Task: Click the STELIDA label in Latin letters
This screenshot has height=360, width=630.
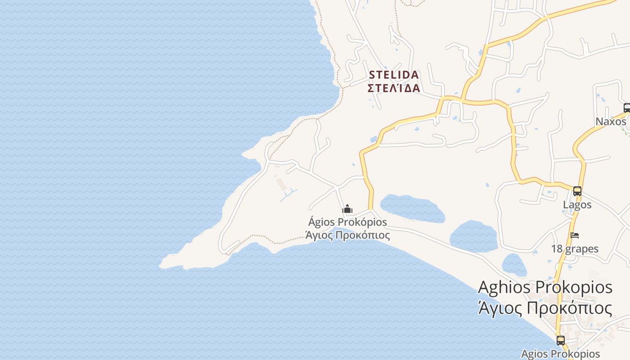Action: point(394,75)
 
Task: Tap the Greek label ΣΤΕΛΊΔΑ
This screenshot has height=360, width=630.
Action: point(394,88)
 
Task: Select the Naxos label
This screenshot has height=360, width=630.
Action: point(611,121)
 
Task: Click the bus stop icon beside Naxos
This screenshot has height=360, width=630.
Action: point(626,108)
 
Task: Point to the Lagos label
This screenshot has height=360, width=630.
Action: point(577,205)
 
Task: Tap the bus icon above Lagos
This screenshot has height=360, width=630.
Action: point(577,191)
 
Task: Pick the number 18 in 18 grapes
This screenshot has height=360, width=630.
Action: point(557,249)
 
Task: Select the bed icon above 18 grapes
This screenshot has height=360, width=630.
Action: point(575,235)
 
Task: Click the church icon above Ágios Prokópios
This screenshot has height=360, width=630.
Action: point(347,209)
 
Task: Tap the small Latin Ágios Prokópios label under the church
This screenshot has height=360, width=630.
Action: point(347,222)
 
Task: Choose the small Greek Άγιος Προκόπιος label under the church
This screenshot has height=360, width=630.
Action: point(347,235)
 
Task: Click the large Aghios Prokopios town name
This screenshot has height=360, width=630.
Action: point(545,287)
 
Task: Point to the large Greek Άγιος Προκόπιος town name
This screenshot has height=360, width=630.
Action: point(545,309)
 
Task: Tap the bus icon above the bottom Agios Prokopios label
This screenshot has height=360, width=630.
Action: point(560,340)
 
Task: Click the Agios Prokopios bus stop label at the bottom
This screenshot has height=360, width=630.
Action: point(560,354)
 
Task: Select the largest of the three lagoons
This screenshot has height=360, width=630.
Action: point(412,208)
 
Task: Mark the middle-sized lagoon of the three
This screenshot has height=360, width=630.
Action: point(473,236)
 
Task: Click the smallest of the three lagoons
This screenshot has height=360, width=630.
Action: point(514,265)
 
